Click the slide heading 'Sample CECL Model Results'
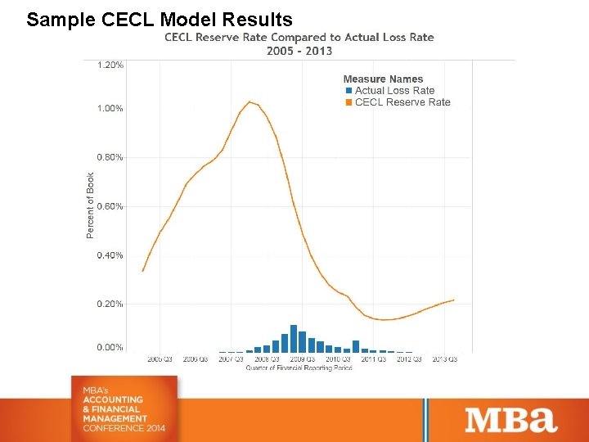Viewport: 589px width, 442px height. click(x=159, y=19)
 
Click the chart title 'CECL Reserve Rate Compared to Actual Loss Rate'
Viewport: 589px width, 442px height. click(x=299, y=37)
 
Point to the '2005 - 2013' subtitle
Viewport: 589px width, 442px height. click(x=299, y=51)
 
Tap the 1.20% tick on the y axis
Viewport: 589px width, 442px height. click(x=110, y=65)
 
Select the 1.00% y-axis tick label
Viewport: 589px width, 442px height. click(x=110, y=108)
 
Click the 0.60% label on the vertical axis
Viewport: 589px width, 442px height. click(x=110, y=206)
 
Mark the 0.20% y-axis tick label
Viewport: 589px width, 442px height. click(x=110, y=304)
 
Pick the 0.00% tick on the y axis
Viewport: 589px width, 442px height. click(x=110, y=348)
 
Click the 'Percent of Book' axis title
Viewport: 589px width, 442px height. click(x=91, y=205)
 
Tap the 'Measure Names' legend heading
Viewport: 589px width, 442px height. click(x=383, y=79)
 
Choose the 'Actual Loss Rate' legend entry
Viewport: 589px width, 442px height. click(x=394, y=91)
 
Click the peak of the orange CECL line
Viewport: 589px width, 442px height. click(x=250, y=101)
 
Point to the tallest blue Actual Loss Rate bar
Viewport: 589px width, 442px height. click(x=294, y=338)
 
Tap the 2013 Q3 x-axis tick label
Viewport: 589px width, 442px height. click(x=444, y=359)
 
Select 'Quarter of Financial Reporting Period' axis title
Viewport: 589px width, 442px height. click(x=299, y=368)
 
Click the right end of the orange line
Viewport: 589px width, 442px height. click(x=453, y=300)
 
